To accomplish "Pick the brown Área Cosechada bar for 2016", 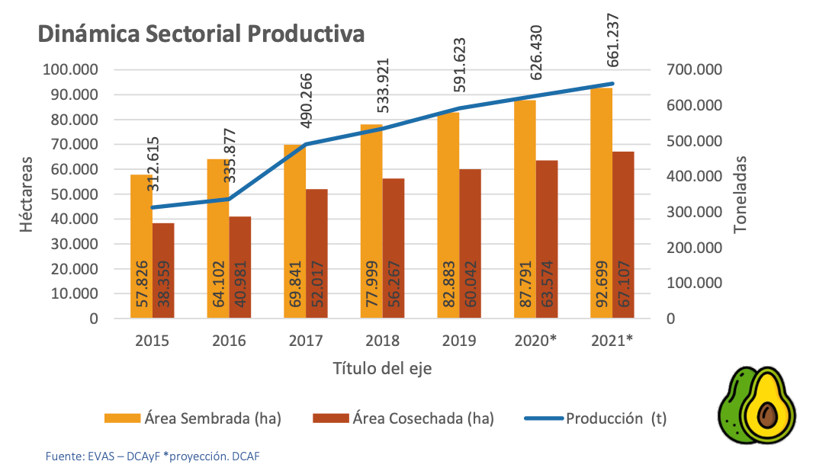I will tap(240, 267).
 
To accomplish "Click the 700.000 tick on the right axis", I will tap(693, 70).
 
